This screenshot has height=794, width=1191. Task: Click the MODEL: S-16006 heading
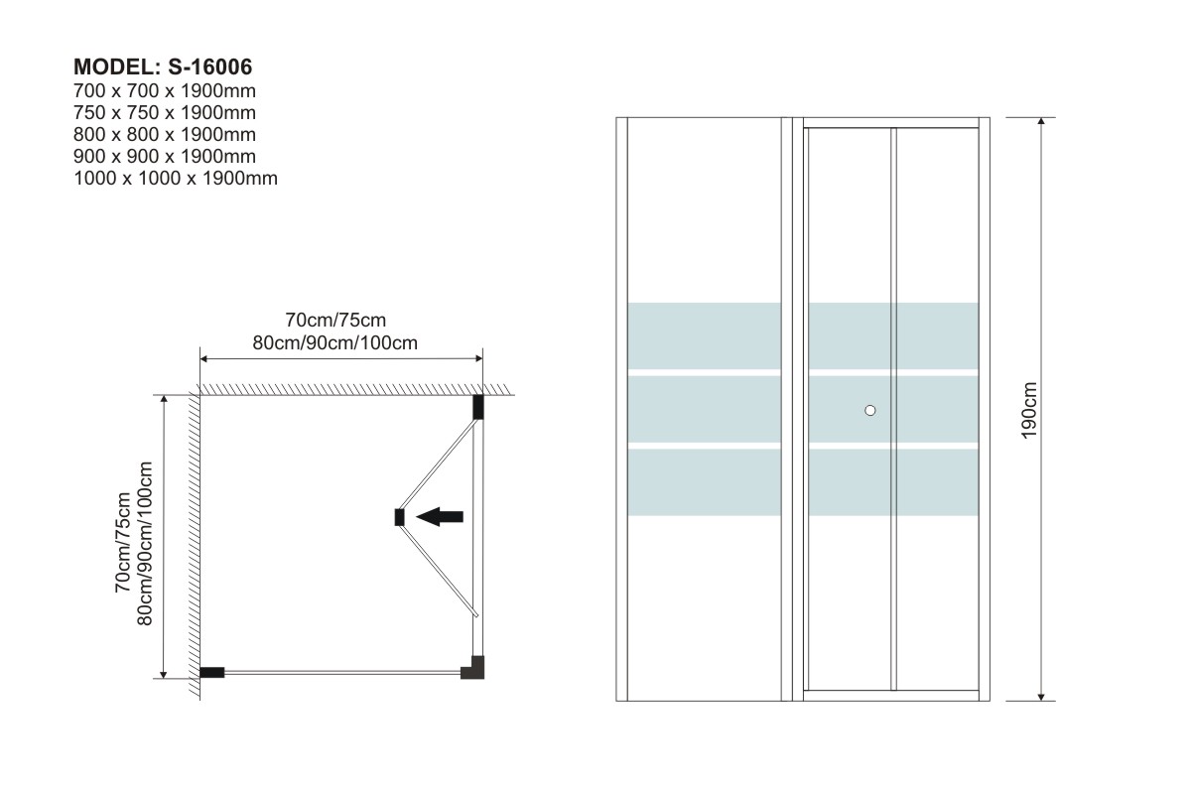point(164,67)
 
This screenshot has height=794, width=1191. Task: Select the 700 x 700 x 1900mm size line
point(165,91)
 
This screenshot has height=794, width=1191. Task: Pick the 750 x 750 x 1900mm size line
point(165,113)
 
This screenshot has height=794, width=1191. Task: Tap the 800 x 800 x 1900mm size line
point(165,135)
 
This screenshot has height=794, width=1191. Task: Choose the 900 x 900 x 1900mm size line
point(165,157)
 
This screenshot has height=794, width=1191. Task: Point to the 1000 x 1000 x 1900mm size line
point(176,179)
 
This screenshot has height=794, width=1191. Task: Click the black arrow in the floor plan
point(440,515)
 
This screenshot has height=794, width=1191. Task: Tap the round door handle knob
point(870,410)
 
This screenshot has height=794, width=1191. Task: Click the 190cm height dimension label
point(1029,410)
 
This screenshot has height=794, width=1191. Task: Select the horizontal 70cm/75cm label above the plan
point(334,321)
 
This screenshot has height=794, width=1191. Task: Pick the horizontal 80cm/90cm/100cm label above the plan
point(334,342)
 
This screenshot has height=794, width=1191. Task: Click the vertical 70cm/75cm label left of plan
point(123,541)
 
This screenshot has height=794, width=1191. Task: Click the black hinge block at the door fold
point(400,516)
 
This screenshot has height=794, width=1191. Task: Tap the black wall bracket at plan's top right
point(477,407)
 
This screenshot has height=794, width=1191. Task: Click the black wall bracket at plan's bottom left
point(212,672)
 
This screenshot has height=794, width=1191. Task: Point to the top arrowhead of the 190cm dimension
point(1040,123)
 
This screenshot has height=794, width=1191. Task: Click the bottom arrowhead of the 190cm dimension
point(1040,695)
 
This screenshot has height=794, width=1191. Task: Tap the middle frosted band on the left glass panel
point(704,408)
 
